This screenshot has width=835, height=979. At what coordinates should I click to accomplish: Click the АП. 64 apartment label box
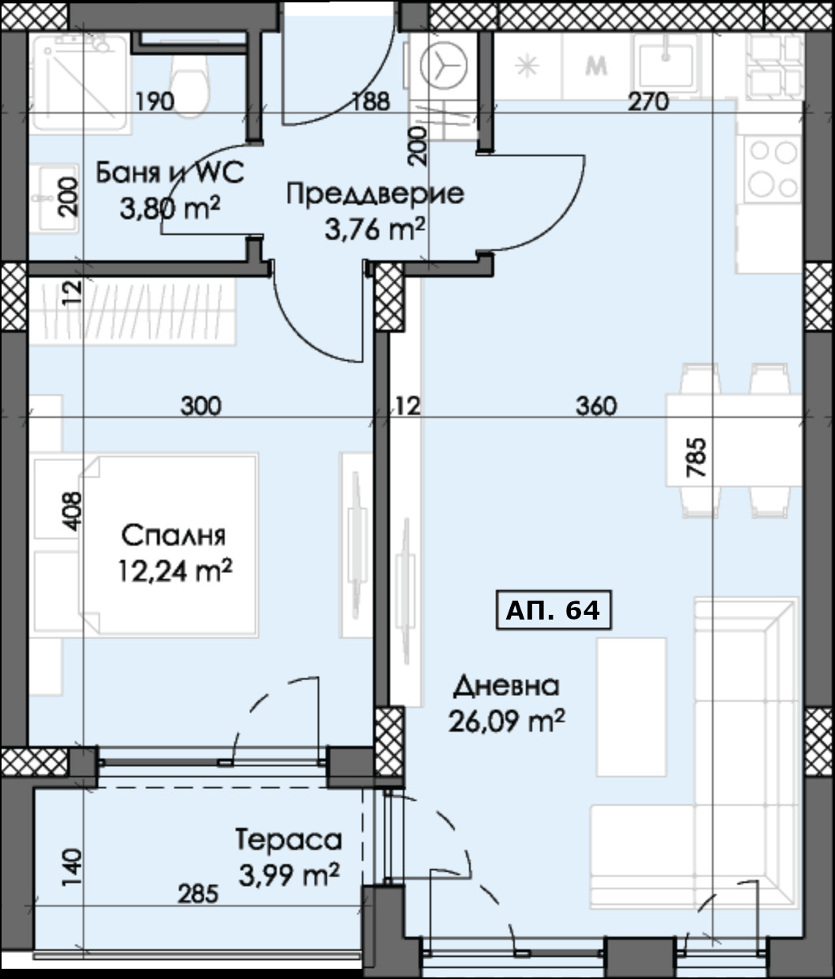[554, 610]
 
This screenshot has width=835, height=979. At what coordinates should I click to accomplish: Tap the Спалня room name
[173, 536]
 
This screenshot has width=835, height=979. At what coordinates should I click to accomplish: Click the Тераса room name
[289, 840]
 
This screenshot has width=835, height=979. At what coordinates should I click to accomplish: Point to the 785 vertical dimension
[697, 459]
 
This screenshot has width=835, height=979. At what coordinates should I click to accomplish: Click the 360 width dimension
[595, 407]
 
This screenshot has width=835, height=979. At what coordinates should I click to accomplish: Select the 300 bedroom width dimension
[201, 407]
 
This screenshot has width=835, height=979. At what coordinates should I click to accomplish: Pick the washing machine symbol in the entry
[443, 67]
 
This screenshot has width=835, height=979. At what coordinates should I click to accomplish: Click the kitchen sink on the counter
[667, 63]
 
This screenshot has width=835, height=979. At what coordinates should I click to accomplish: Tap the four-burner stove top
[771, 168]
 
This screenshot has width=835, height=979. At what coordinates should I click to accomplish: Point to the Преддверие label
[375, 194]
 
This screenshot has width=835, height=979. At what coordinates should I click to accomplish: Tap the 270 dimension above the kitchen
[648, 102]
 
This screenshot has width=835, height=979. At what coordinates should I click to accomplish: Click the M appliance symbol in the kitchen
[597, 67]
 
